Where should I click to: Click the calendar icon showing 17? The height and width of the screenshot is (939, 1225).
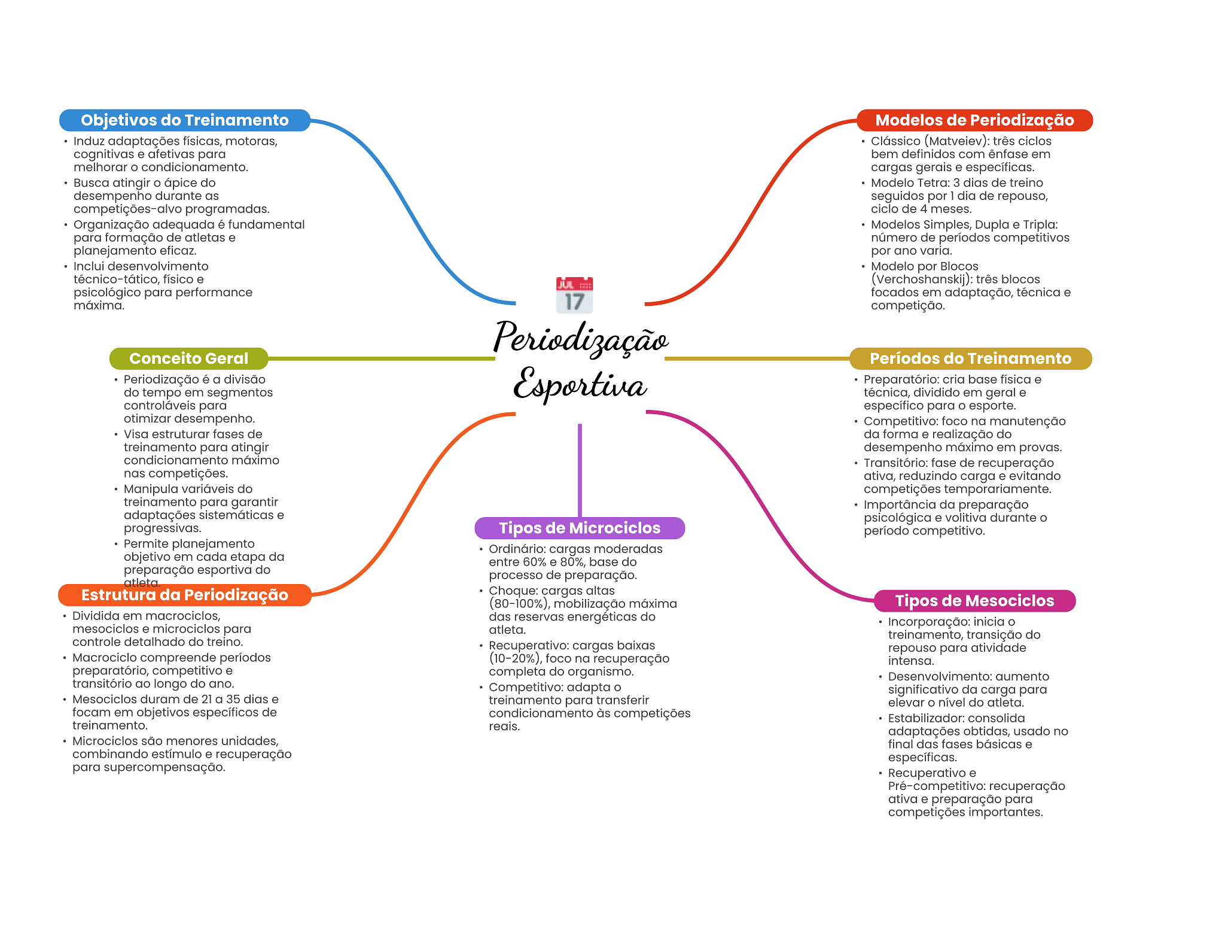point(574,295)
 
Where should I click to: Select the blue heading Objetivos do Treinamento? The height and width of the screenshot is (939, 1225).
point(184,120)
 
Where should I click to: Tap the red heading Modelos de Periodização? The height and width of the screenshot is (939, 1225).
point(974,120)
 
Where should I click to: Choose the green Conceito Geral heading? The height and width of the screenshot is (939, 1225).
point(188,358)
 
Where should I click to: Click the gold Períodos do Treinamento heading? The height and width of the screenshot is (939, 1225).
point(970,358)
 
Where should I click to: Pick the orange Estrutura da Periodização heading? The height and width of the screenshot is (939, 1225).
point(184,595)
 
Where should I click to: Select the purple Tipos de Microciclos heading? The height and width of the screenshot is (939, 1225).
point(580,528)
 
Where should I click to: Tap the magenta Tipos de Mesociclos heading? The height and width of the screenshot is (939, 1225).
point(974,601)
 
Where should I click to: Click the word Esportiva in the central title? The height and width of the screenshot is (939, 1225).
point(580,385)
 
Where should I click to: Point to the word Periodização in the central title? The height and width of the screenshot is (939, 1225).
point(580,339)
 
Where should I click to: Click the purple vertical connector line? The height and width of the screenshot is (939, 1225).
point(580,470)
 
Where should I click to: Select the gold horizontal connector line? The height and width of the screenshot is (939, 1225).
point(757,358)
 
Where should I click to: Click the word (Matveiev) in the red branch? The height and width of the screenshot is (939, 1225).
point(954,141)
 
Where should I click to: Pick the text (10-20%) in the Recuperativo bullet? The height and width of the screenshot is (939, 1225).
point(515,658)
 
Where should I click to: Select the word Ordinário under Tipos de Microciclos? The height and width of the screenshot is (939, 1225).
point(516,549)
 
